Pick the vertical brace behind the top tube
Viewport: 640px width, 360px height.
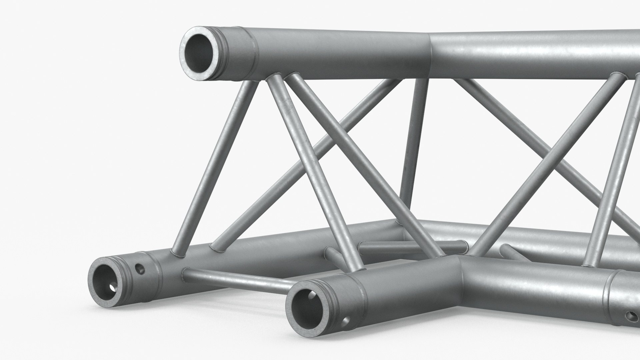(x=413, y=140)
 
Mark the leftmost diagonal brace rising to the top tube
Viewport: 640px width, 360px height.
(x=217, y=163)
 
